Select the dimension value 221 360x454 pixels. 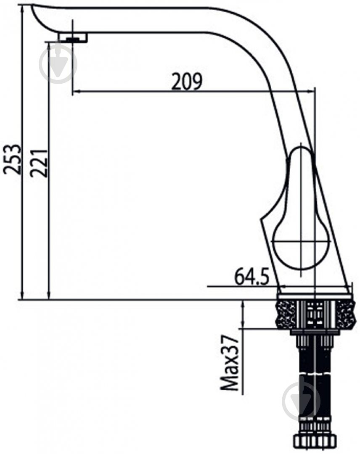tap(38, 163)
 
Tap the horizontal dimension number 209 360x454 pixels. tap(187, 82)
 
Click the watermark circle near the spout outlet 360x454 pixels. tap(58, 64)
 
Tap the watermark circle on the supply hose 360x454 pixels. tap(301, 401)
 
